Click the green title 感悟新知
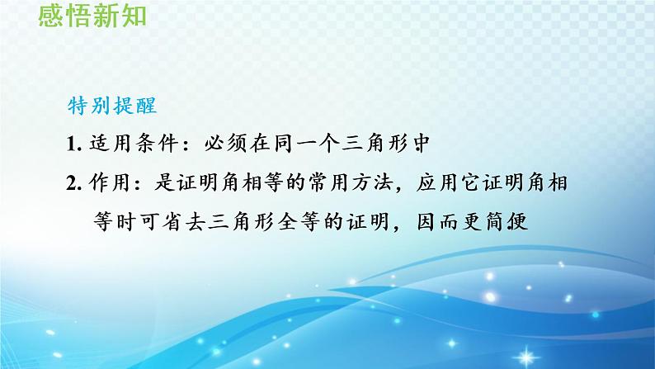point(92,16)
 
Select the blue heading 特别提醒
point(112,106)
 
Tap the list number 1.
point(73,144)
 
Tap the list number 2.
point(73,184)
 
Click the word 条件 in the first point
point(157,144)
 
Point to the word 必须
point(225,144)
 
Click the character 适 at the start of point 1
point(101,144)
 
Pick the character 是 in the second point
point(165,183)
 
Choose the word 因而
point(439,222)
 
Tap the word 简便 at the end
point(507,222)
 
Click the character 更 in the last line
point(473,222)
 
